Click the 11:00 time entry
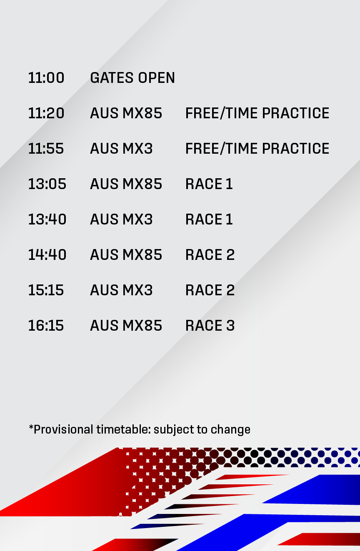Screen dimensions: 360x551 point(46,78)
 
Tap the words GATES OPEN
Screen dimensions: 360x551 point(132,78)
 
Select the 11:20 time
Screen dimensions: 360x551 point(46,113)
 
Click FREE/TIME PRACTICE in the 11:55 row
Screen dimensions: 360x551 point(257,149)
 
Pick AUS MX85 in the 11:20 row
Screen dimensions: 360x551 point(126,113)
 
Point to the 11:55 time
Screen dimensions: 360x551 point(46,149)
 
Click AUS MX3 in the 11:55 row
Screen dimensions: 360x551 point(121,149)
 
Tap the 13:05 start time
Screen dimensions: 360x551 point(47,184)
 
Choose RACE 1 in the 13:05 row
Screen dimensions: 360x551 point(209,184)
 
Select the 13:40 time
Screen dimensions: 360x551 point(47,219)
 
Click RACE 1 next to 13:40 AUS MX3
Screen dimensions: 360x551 point(209,219)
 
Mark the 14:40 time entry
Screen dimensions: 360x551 point(47,255)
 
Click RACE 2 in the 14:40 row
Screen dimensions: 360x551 point(210,255)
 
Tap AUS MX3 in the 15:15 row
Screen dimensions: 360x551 point(121,290)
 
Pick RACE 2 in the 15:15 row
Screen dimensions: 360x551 point(210,290)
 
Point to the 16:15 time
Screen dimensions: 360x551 point(46,326)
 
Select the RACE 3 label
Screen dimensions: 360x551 point(210,326)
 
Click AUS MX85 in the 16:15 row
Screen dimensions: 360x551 point(126,326)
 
